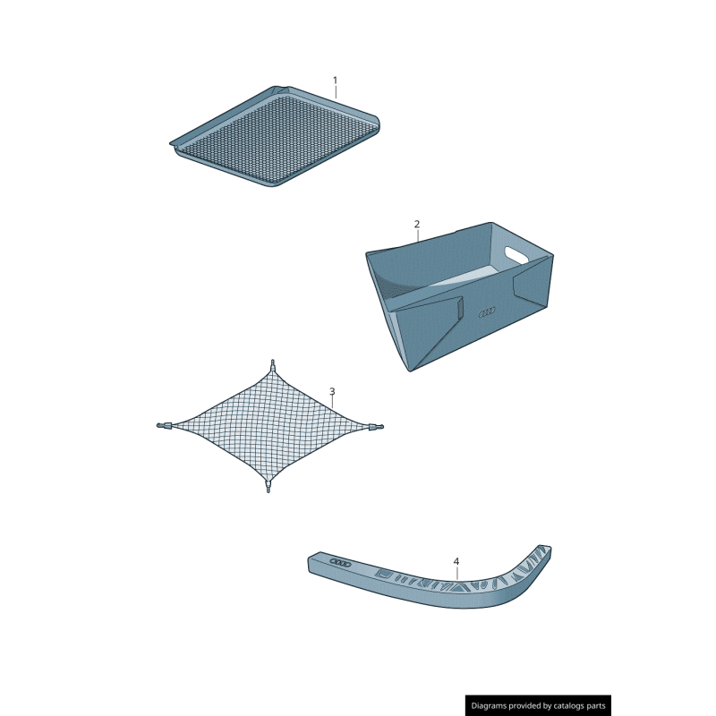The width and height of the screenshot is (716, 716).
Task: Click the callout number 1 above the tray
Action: [336, 81]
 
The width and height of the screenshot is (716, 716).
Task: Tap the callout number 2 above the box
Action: [416, 223]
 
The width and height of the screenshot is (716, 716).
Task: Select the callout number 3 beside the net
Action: [332, 392]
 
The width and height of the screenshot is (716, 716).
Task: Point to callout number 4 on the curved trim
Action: [456, 562]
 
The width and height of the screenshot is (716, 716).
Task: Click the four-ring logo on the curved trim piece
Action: [341, 561]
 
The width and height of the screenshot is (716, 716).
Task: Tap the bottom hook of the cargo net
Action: [268, 488]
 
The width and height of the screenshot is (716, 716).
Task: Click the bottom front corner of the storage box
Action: [413, 369]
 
